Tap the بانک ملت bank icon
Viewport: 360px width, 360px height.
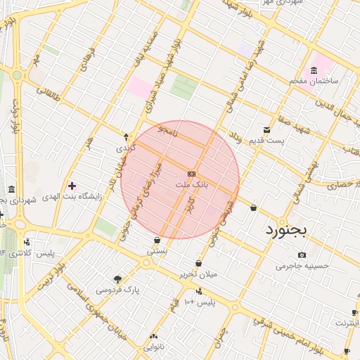(191, 174)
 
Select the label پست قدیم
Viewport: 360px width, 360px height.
(266, 141)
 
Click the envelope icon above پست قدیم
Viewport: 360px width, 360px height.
(266, 130)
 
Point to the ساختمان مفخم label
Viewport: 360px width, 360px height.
(314, 81)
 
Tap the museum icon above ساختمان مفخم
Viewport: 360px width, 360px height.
(313, 70)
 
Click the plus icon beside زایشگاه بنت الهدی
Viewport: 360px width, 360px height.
(72, 186)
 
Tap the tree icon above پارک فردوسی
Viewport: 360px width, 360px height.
(117, 279)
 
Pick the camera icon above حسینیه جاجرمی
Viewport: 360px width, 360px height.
(302, 255)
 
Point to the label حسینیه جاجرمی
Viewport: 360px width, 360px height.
(302, 266)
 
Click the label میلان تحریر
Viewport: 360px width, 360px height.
(198, 274)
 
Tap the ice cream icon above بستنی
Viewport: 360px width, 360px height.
(156, 240)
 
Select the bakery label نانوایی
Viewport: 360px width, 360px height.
(154, 347)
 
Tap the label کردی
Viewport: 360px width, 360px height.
(124, 148)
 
